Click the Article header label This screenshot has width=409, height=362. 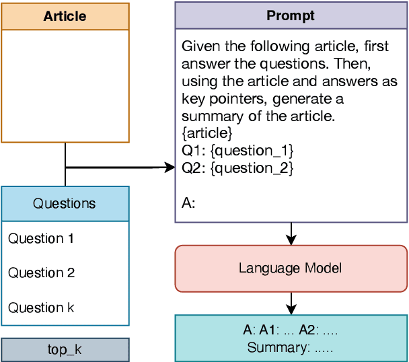pyautogui.click(x=65, y=16)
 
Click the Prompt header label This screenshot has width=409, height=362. pyautogui.click(x=291, y=15)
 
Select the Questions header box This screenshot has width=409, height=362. pyautogui.click(x=65, y=203)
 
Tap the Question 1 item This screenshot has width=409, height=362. pyautogui.click(x=41, y=238)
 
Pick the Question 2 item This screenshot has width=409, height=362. pyautogui.click(x=41, y=273)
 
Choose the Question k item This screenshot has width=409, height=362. pyautogui.click(x=41, y=307)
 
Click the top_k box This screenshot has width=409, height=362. pyautogui.click(x=65, y=350)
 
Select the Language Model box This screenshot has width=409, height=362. pyautogui.click(x=291, y=268)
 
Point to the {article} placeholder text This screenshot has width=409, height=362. pyautogui.click(x=207, y=133)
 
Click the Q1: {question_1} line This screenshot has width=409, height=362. pyautogui.click(x=237, y=150)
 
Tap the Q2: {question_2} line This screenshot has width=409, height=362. pyautogui.click(x=237, y=168)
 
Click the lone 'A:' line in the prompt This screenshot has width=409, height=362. pyautogui.click(x=188, y=202)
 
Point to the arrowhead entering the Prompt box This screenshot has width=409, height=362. pyautogui.click(x=170, y=167)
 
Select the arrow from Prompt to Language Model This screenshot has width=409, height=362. pyautogui.click(x=291, y=234)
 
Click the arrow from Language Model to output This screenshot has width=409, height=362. pyautogui.click(x=291, y=303)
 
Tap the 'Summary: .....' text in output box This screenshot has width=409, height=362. pyautogui.click(x=291, y=348)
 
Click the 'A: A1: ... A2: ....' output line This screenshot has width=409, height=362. pyautogui.click(x=291, y=330)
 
